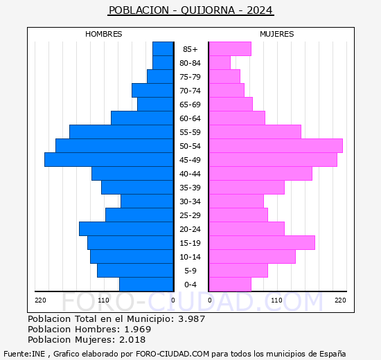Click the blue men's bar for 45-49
pyautogui.click(x=109, y=160)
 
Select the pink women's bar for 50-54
pyautogui.click(x=276, y=146)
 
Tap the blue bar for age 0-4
pyautogui.click(x=146, y=285)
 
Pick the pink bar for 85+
pyautogui.click(x=231, y=49)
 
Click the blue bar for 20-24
pyautogui.click(x=126, y=229)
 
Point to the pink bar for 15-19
pyautogui.click(x=262, y=243)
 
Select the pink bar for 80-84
pyautogui.click(x=220, y=63)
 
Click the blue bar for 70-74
pyautogui.click(x=152, y=91)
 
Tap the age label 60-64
pyautogui.click(x=190, y=118)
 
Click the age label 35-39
pyautogui.click(x=190, y=188)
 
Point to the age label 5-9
pyautogui.click(x=190, y=271)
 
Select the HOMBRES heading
pyautogui.click(x=103, y=34)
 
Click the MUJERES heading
pyautogui.click(x=277, y=34)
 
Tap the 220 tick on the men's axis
pyautogui.click(x=40, y=300)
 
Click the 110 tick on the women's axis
pyautogui.click(x=276, y=300)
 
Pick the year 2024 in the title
pyautogui.click(x=260, y=10)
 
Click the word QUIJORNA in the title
pyautogui.click(x=208, y=10)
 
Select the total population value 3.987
pyautogui.click(x=192, y=318)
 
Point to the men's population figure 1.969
pyautogui.click(x=138, y=329)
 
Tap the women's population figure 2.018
pyautogui.click(x=132, y=340)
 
